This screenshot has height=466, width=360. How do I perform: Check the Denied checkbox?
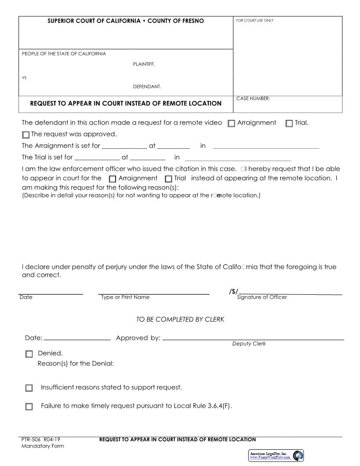(29, 354)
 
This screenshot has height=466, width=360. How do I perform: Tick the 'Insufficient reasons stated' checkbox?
(29, 388)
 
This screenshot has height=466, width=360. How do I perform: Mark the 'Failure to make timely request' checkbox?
(29, 407)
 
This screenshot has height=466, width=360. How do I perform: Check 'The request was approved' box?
(26, 135)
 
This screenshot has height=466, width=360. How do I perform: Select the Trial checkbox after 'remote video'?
(289, 124)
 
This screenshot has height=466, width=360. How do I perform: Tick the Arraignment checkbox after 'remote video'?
(232, 124)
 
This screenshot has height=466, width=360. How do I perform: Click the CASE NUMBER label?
(253, 99)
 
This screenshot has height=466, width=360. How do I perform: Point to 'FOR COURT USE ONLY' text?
(255, 21)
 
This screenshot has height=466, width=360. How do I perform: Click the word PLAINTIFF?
(144, 64)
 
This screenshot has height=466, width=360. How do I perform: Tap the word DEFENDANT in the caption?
(147, 87)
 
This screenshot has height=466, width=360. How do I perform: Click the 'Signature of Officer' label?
(262, 297)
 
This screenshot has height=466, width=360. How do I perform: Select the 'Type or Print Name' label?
(125, 297)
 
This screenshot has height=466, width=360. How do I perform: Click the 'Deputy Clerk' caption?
(249, 344)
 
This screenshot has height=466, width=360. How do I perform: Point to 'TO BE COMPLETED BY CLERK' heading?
(180, 319)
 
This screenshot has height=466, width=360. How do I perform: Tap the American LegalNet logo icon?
(298, 455)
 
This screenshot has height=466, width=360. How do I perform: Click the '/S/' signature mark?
(233, 291)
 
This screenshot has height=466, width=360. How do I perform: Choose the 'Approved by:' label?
(138, 338)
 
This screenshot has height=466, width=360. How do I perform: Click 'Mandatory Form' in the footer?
(42, 446)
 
